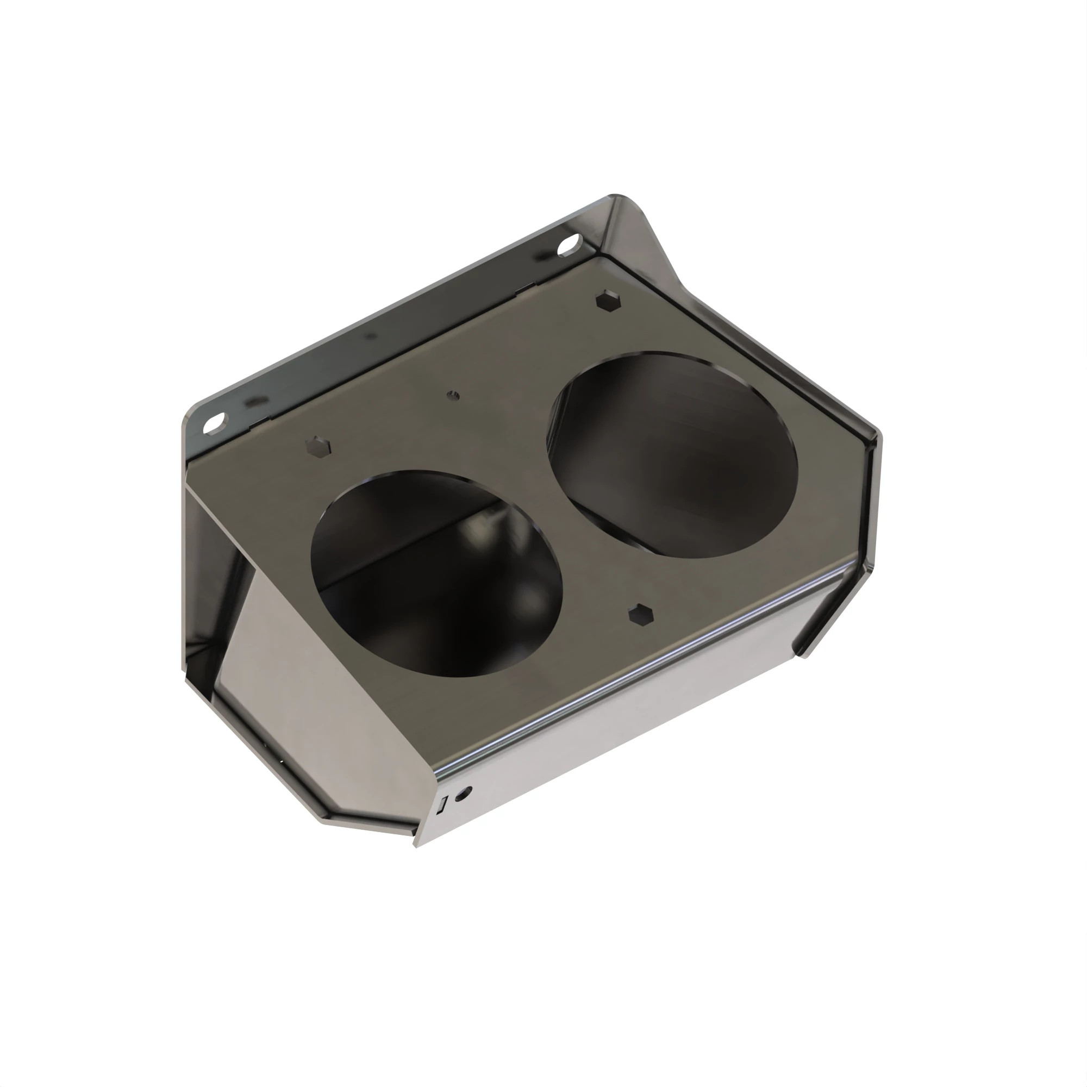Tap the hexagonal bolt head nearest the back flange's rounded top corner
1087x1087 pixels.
608,299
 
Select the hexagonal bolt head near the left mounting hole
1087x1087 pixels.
318,448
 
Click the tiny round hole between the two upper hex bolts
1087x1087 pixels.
453,395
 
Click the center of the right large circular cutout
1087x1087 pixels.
673,454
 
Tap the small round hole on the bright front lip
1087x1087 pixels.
463,794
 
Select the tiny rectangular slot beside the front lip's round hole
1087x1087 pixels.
443,804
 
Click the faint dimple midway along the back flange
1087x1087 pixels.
370,336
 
